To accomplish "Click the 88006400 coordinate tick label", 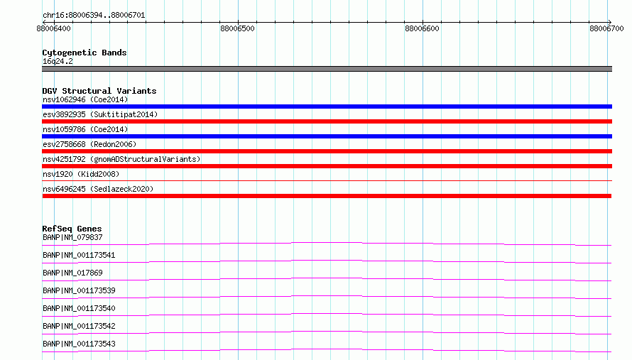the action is [53, 28].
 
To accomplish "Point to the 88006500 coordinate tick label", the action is [237, 28].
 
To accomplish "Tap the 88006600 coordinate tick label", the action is [422, 28].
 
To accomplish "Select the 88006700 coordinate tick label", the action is [606, 28].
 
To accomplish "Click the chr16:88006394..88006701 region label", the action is [94, 16].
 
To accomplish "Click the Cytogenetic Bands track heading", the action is [85, 53].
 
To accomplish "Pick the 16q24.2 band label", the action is [58, 61].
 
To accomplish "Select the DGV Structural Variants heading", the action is [99, 91].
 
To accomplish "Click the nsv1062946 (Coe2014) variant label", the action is [85, 99].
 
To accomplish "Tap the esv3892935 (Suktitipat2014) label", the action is [100, 114].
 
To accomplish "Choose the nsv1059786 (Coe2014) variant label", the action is [85, 129].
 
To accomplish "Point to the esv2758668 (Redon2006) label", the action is [89, 144].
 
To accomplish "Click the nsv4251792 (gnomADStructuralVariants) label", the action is [121, 159].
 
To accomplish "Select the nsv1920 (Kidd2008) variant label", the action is [81, 174].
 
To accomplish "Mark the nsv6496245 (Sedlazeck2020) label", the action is [98, 189].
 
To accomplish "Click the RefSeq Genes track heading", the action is [72, 229].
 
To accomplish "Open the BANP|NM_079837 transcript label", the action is [72, 237].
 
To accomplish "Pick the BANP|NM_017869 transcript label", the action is [72, 273].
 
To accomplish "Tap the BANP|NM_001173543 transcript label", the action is [79, 344].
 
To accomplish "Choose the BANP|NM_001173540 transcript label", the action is [79, 308].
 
